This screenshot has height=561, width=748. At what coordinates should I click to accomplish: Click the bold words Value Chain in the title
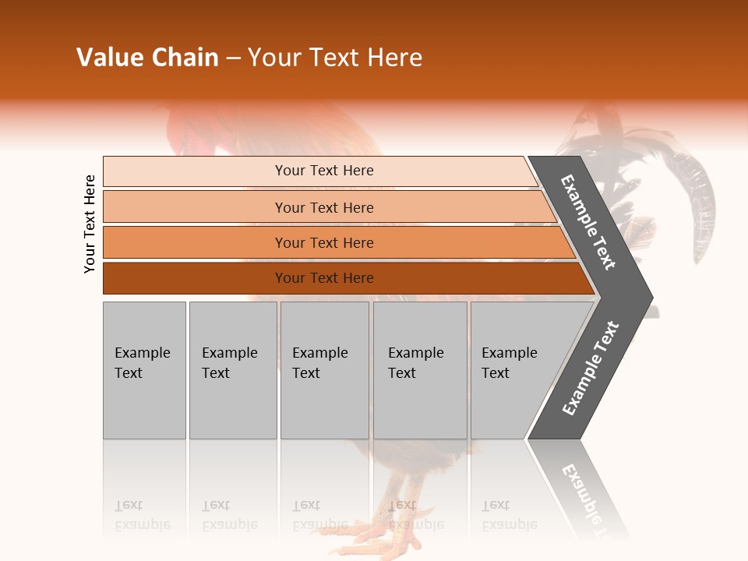coord(147,58)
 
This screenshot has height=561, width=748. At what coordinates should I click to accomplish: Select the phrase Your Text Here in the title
coord(335,58)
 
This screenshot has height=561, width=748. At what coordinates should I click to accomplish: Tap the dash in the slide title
coord(233,58)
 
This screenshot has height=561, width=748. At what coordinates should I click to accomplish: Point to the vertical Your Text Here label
coord(90,224)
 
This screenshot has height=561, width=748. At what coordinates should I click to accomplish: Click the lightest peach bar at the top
coord(319,171)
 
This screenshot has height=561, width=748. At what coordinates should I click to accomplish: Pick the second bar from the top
coord(327,207)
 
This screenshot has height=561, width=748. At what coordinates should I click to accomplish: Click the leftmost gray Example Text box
coord(144,370)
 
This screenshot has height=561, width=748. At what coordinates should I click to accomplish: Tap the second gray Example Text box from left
coord(232,370)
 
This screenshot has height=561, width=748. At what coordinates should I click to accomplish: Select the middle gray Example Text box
coord(324,370)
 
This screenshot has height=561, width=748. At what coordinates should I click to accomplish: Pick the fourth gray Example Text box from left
coord(420,370)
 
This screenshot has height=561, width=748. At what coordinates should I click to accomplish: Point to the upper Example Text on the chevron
coord(589,222)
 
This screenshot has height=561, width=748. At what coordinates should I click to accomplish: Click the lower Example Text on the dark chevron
coord(591,369)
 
